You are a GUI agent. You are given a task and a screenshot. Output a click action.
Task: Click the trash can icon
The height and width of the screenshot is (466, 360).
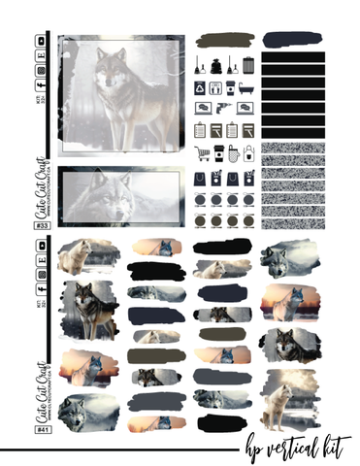(x=248, y=65)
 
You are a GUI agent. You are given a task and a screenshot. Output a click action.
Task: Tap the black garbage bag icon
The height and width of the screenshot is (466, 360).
(x=216, y=66)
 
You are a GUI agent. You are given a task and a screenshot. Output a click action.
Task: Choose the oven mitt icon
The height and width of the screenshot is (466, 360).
(x=233, y=152)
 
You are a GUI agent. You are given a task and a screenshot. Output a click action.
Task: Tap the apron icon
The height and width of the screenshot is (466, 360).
(x=248, y=152)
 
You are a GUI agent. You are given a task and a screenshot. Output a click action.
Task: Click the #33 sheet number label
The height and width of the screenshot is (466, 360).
(x=43, y=226)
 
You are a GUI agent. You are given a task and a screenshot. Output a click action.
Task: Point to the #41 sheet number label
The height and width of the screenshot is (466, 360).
(x=43, y=428)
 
